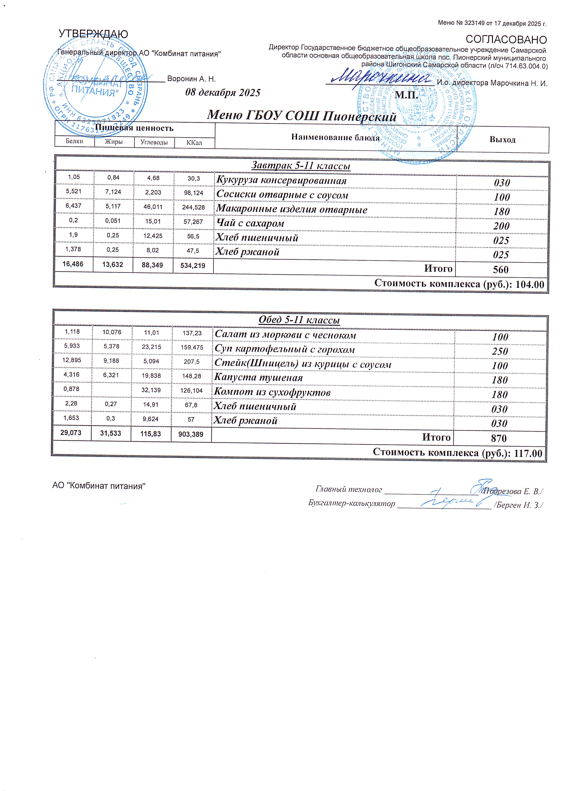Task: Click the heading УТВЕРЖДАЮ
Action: point(93,34)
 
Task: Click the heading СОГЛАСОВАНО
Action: point(506,39)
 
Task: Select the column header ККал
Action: point(194,143)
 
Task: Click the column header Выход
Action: point(502,140)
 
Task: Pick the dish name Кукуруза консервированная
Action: point(281,181)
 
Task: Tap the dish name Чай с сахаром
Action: point(250,223)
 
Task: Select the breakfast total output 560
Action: point(501,269)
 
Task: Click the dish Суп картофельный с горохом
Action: point(284,350)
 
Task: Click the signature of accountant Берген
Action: point(450,501)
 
